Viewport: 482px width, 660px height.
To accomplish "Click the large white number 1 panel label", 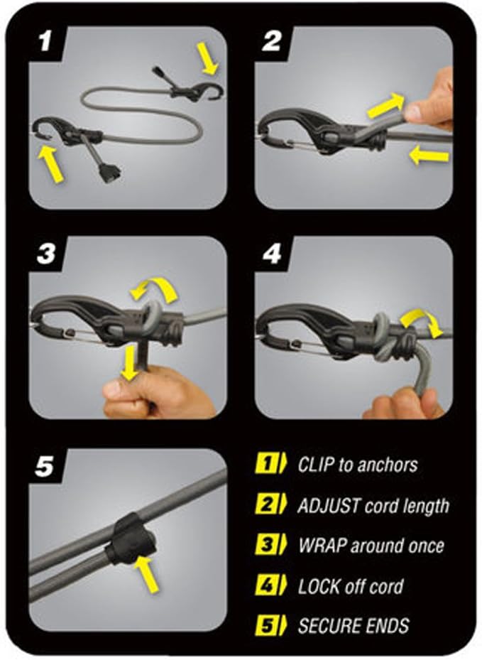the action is click(45, 40).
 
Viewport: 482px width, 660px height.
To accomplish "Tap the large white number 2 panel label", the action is click(272, 40).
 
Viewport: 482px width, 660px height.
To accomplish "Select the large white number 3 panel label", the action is click(46, 254).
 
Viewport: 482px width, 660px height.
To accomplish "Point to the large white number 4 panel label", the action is click(272, 254).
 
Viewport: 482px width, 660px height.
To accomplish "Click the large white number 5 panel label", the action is click(45, 466).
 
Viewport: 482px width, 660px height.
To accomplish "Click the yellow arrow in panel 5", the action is click(147, 574).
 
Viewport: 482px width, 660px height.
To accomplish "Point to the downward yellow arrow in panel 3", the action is click(129, 363).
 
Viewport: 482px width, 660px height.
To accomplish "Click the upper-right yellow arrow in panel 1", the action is click(208, 58).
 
